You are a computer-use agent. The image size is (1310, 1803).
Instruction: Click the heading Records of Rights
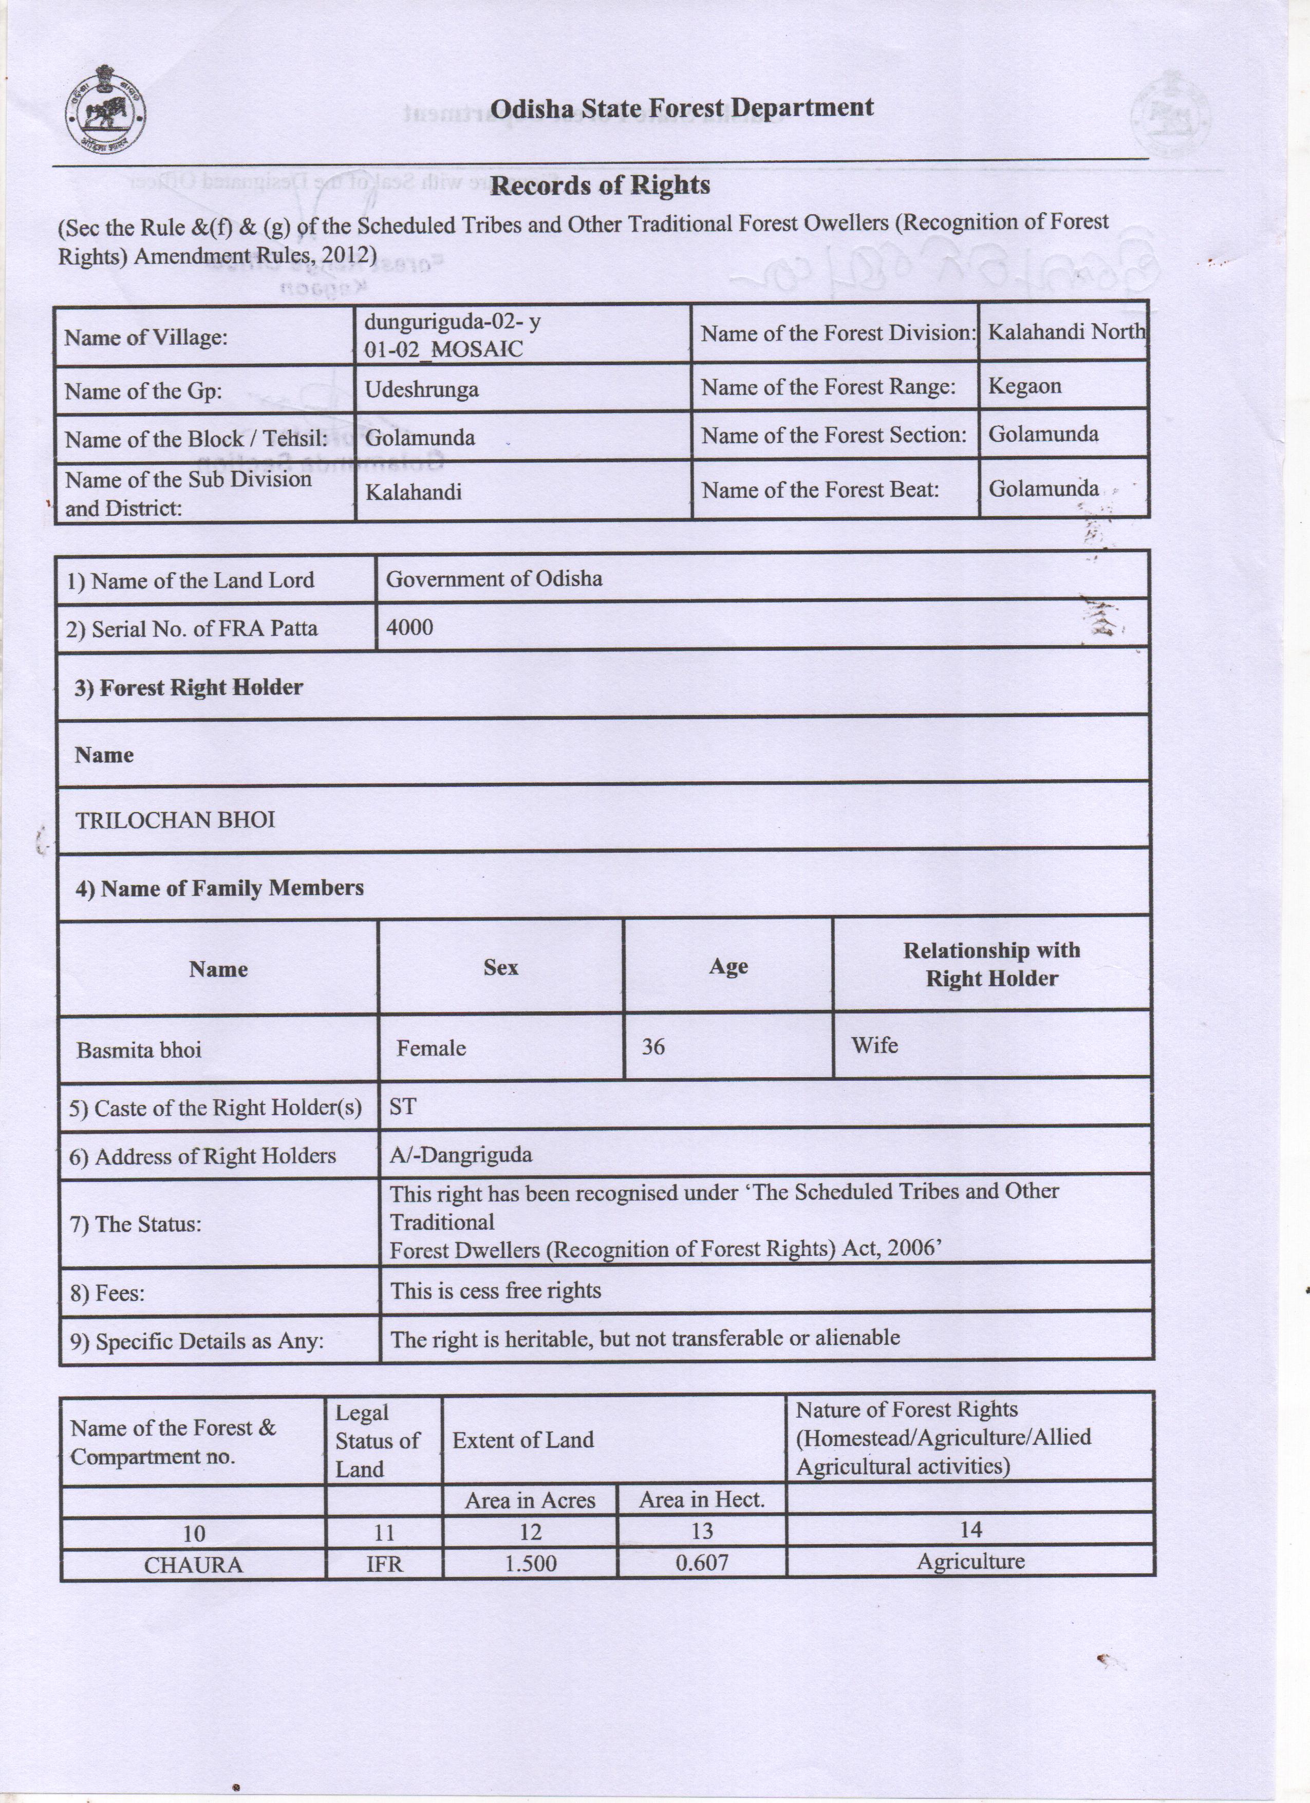600,186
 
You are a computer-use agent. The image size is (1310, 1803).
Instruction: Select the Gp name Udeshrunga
421,389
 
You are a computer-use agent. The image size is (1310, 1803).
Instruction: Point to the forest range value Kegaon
1025,386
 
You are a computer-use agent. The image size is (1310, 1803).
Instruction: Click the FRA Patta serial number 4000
409,628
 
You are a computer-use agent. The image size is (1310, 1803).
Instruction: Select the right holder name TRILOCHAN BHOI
175,820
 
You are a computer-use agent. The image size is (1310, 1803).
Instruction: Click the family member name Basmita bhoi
139,1050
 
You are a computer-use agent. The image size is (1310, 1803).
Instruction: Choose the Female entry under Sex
431,1048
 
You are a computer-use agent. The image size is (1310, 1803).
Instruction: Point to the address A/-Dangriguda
460,1155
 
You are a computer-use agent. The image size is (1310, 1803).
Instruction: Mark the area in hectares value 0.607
701,1563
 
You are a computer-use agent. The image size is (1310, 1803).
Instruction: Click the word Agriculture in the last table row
970,1562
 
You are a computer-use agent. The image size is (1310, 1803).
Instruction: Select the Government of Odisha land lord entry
494,579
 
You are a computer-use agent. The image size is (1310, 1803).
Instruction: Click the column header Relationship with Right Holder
991,964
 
